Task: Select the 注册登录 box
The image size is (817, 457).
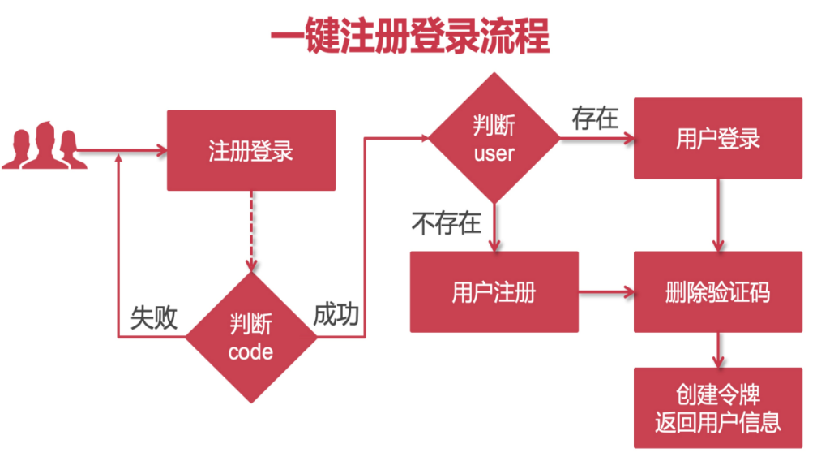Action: point(251,151)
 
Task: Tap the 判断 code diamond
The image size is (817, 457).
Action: point(251,338)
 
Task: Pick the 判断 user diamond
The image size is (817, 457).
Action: point(494,138)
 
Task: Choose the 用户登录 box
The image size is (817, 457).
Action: point(717,138)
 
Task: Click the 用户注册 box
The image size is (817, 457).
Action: point(494,291)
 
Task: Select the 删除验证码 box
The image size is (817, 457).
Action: point(717,291)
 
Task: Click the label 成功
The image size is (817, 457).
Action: point(336,315)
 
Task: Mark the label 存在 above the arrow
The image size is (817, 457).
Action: point(595,119)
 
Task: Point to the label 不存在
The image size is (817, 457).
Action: point(447,222)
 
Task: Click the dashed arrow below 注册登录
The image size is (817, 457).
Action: point(251,231)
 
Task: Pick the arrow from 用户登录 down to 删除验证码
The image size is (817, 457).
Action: point(717,215)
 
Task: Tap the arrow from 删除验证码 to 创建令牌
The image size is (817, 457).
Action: point(717,350)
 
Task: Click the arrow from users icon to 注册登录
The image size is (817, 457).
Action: point(122,151)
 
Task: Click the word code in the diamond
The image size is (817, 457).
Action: point(251,351)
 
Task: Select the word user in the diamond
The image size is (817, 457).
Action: point(494,152)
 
